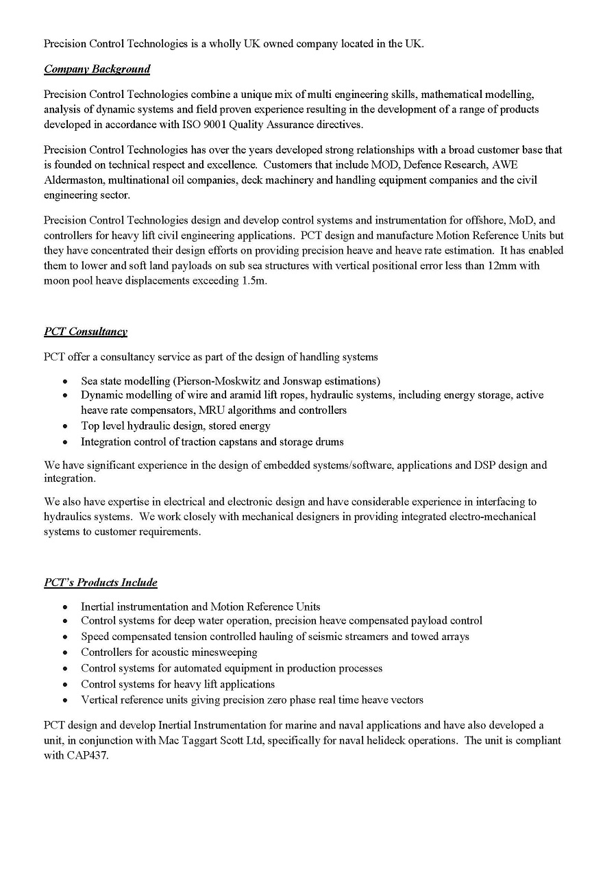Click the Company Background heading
click(97, 69)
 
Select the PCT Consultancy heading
click(86, 332)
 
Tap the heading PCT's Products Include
click(101, 582)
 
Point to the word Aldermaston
click(71, 180)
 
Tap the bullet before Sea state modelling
click(65, 382)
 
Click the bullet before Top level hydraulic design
click(65, 426)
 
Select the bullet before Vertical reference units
click(65, 700)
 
